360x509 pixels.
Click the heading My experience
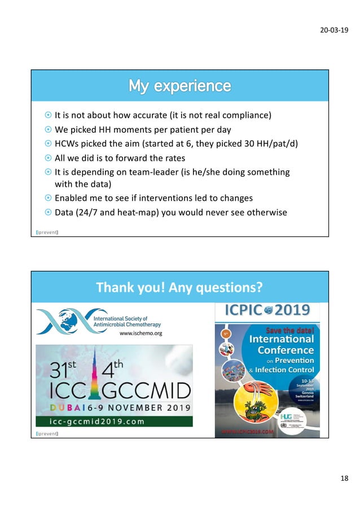tap(179, 86)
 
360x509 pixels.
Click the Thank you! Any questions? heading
tap(179, 288)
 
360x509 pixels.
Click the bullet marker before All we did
tap(48, 158)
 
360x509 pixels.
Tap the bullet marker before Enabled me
tap(48, 199)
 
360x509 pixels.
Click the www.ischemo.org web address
tap(141, 334)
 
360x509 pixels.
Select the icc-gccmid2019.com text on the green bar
tap(90, 421)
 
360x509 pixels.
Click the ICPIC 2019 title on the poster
tap(267, 310)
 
